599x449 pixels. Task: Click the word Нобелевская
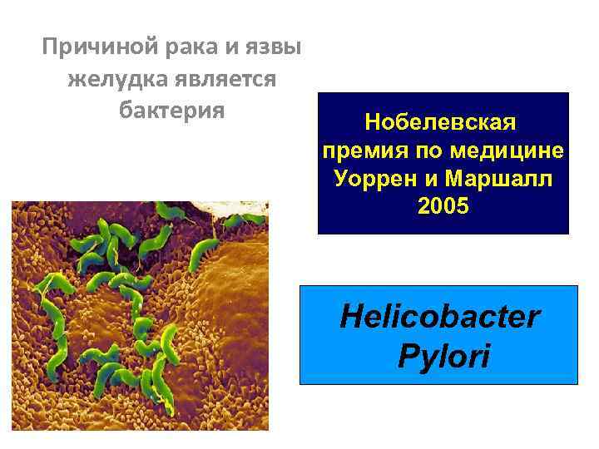coord(441,123)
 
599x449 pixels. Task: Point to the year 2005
coord(443,206)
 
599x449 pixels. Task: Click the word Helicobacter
coord(439,318)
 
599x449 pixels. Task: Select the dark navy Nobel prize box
coord(443,163)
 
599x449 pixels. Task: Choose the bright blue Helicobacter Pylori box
coord(438,335)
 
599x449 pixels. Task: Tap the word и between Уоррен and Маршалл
coord(434,179)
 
